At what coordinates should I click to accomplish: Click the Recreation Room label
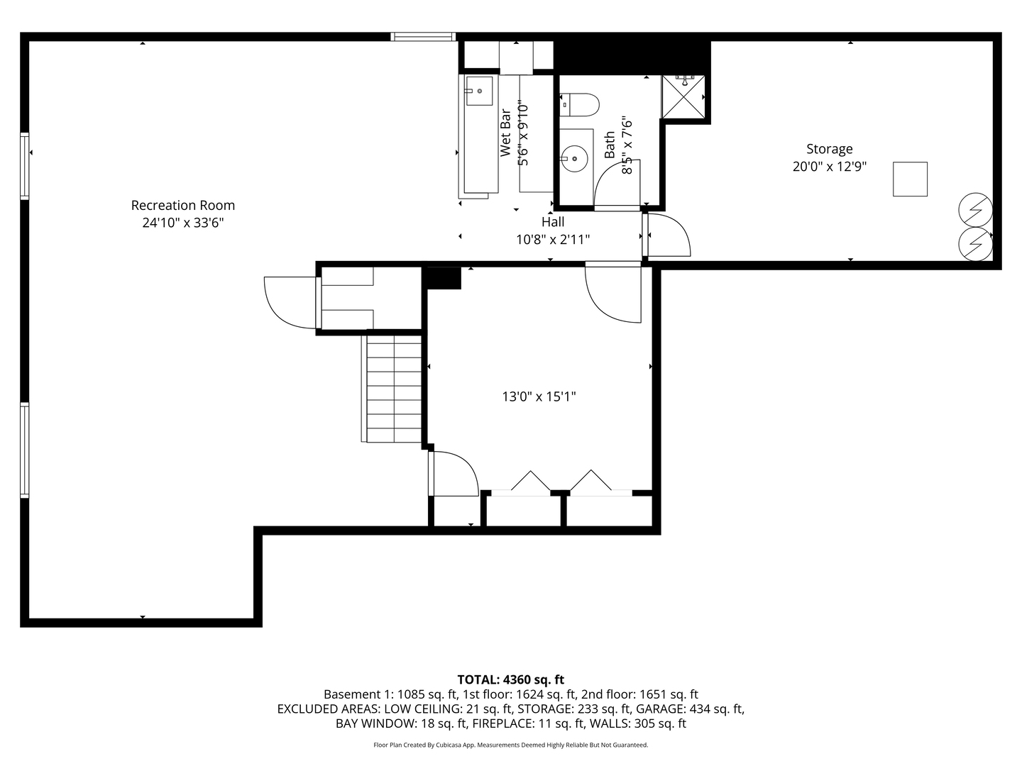tap(182, 205)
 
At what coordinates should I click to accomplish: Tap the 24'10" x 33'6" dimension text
tap(182, 223)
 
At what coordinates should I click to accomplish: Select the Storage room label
tap(829, 149)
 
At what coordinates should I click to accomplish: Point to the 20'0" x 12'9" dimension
tap(829, 167)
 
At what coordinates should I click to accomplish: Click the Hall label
tap(553, 222)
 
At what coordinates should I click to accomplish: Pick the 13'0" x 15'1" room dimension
tap(539, 396)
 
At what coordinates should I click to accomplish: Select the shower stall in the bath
tap(683, 96)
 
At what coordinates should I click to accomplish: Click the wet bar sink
tap(479, 91)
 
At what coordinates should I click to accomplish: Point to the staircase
tap(394, 388)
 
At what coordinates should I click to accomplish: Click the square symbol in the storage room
tap(910, 179)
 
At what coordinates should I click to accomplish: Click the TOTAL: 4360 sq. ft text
tap(510, 679)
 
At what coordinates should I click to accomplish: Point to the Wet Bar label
tap(505, 133)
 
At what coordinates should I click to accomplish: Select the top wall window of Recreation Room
tap(423, 36)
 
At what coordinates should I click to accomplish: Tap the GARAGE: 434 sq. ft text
tap(689, 709)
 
